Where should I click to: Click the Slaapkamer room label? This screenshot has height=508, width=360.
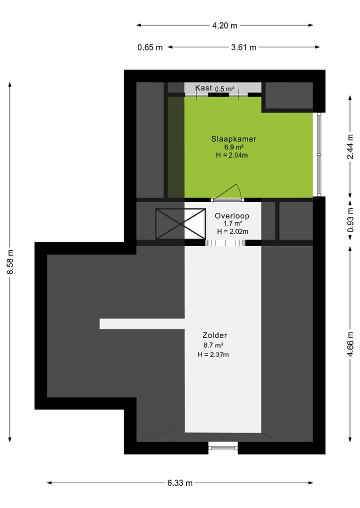tap(233, 139)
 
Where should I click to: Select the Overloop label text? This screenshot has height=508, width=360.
tap(231, 216)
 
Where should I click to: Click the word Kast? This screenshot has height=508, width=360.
tap(203, 88)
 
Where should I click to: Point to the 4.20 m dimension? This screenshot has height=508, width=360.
tap(223, 25)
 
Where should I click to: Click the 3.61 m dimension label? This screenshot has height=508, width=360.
tap(244, 47)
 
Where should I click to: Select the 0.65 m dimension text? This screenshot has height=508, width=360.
tap(150, 47)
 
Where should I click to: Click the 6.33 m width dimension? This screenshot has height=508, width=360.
tap(180, 483)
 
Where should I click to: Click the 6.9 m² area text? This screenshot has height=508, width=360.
tap(233, 147)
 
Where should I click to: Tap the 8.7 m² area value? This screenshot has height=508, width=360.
tap(213, 345)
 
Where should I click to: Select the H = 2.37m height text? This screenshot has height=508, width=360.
tap(213, 355)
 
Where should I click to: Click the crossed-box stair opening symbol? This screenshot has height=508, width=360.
tap(180, 224)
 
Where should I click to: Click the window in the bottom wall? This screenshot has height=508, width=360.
tap(223, 448)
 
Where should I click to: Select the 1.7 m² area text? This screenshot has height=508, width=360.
tap(233, 224)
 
